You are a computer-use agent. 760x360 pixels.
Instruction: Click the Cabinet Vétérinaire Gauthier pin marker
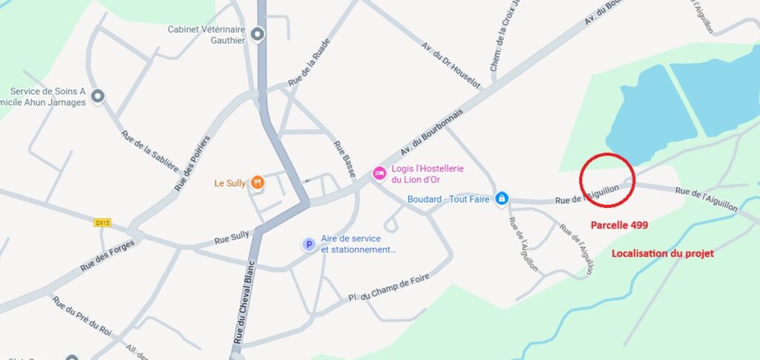258,34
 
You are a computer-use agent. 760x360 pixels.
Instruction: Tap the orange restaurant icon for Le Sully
258,182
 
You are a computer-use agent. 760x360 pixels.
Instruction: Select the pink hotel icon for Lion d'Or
379,173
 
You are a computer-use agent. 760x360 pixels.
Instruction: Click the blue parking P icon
308,244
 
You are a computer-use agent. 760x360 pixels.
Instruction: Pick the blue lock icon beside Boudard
502,198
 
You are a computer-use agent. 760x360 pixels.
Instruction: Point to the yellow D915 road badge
102,222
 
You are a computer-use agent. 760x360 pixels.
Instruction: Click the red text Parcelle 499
619,224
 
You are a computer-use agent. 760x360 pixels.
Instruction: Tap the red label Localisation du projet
662,254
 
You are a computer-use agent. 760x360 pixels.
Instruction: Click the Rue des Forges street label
108,255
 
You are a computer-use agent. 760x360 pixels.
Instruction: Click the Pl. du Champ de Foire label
389,287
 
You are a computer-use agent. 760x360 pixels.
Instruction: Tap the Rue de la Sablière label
149,151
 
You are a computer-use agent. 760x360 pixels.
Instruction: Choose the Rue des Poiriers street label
192,163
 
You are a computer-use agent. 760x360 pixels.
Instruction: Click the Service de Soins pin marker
97,96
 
